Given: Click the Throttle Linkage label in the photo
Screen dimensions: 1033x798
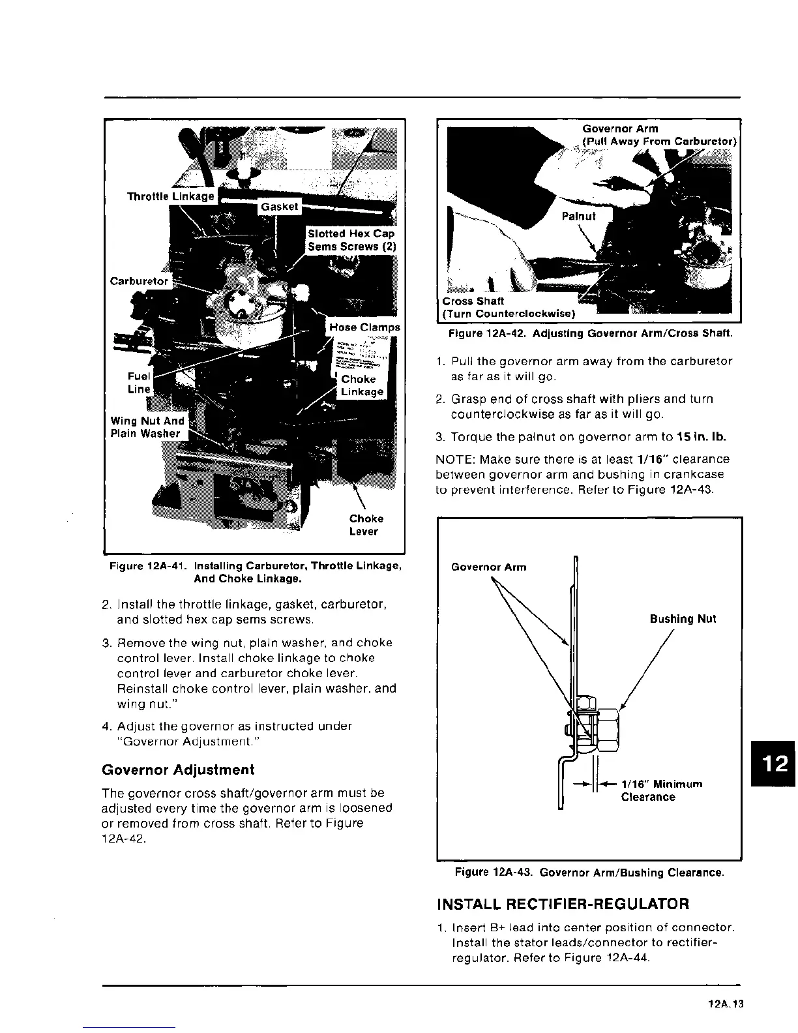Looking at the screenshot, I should [x=171, y=196].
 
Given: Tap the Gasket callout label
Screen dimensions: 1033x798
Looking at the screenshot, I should [x=279, y=207].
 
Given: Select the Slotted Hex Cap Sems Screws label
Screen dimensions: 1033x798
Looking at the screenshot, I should [x=351, y=240].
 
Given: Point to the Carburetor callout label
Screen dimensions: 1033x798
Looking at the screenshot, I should [x=139, y=281].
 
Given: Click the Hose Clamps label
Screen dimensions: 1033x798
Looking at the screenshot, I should [x=364, y=327].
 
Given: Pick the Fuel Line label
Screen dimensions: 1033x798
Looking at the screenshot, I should [x=139, y=383].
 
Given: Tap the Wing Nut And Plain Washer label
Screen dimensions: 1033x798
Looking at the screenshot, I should [x=147, y=427].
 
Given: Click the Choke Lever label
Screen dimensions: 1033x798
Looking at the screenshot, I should [x=366, y=525].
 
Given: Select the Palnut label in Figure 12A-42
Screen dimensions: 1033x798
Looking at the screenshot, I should [x=578, y=216].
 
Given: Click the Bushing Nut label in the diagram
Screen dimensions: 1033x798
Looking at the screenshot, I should [x=683, y=619].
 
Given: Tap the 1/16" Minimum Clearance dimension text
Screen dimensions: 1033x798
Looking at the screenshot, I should [x=661, y=790].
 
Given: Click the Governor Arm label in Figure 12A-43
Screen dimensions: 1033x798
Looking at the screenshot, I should [x=488, y=567].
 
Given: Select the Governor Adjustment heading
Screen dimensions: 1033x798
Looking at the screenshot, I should [x=178, y=770].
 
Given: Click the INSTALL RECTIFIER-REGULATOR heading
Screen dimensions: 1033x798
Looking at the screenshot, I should [x=562, y=904].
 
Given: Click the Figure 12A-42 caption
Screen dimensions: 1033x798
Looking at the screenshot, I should [x=590, y=334].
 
